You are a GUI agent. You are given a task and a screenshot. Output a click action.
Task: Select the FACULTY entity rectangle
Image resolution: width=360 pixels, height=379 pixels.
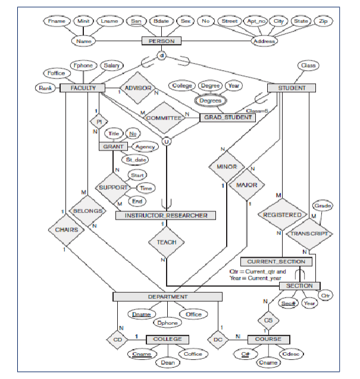(x=83, y=88)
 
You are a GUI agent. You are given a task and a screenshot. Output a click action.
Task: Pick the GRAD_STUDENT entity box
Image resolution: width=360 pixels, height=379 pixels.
(x=227, y=118)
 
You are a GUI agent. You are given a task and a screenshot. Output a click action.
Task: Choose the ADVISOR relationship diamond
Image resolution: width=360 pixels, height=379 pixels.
(x=137, y=89)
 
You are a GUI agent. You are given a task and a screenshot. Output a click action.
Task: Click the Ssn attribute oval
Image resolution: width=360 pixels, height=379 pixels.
(x=134, y=21)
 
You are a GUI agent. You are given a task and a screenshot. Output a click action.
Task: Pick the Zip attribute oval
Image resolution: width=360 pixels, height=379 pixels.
(x=323, y=21)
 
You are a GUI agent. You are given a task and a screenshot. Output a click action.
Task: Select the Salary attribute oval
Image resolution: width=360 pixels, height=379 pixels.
(x=111, y=65)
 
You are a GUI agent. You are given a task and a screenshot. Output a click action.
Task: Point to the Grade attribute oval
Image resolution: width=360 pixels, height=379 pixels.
(x=323, y=205)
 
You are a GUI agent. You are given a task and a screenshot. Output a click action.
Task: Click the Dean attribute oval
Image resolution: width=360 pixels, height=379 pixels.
(x=167, y=361)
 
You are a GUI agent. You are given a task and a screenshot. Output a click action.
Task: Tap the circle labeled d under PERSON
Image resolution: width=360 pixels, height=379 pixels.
(x=161, y=55)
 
